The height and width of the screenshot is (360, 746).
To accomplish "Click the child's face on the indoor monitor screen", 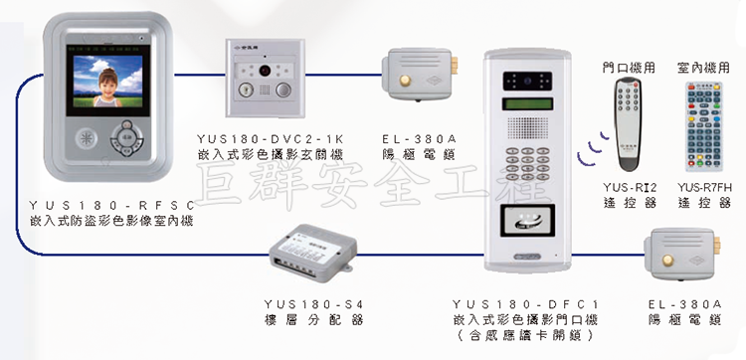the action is (108, 84).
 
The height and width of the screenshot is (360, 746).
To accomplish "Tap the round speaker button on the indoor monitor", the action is (87, 138).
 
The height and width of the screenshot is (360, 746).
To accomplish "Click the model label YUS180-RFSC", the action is (111, 206).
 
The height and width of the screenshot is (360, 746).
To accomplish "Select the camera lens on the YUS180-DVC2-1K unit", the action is (264, 71).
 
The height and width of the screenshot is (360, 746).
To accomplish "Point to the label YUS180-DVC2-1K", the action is (270, 139).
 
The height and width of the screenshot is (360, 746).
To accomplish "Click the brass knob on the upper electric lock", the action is (405, 81).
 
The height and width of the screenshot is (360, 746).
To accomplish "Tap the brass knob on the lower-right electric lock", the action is (668, 261).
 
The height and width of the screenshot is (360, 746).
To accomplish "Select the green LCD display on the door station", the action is (528, 103).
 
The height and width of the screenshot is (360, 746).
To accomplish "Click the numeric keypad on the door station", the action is (527, 163).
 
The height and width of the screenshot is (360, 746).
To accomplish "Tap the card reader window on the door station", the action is (527, 220).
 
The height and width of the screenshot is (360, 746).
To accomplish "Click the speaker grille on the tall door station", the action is (527, 128).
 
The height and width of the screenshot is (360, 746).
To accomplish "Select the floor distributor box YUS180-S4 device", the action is (312, 253).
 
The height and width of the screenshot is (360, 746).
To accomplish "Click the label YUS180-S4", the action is (313, 304).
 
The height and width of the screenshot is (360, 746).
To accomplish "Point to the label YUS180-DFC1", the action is (525, 304).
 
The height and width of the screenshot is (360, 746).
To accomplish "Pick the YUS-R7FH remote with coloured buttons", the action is (703, 126).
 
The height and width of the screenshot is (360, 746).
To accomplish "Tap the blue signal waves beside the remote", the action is (593, 149).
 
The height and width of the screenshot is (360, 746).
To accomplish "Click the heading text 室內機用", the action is (703, 68).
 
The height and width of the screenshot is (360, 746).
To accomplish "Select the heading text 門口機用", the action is (628, 68).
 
